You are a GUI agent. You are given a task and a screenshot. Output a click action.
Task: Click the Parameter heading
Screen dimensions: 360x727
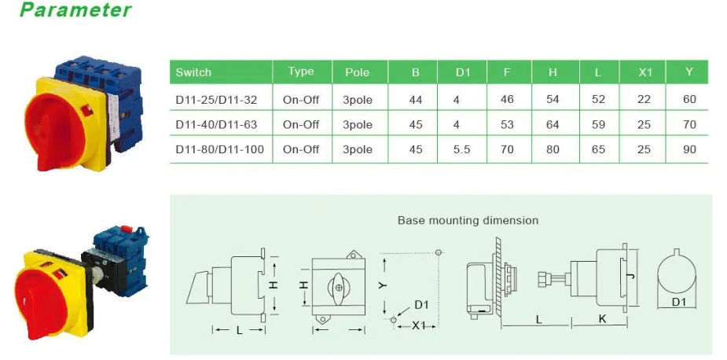tap(75, 11)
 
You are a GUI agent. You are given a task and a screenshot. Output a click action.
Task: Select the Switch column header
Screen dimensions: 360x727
tap(193, 72)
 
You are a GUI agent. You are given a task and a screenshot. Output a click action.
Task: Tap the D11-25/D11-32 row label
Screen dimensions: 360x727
tap(216, 100)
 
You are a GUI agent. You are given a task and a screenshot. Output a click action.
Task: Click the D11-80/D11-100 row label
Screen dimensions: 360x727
tap(219, 149)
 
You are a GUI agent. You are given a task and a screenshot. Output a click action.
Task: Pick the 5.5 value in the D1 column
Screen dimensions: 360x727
tap(462, 149)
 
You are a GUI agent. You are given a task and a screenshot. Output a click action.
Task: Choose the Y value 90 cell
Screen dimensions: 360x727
tap(689, 149)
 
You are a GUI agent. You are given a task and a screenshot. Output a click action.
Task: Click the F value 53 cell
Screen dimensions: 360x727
tap(507, 124)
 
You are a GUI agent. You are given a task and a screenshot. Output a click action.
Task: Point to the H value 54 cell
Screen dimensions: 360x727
tap(553, 100)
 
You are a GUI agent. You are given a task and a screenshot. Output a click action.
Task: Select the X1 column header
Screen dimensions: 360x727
tap(645, 72)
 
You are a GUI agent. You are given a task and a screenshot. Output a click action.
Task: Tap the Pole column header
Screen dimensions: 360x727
tap(357, 72)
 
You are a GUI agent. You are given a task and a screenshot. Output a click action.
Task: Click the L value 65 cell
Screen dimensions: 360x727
tap(598, 149)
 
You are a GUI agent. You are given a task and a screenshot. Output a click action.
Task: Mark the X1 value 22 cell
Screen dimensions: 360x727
tap(645, 100)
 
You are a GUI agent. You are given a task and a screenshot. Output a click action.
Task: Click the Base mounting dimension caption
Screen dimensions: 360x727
tap(468, 221)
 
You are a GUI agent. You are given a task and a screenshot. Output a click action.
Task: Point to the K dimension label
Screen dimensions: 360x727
tap(601, 320)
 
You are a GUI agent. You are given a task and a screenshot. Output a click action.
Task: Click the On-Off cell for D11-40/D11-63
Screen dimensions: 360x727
tap(301, 124)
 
